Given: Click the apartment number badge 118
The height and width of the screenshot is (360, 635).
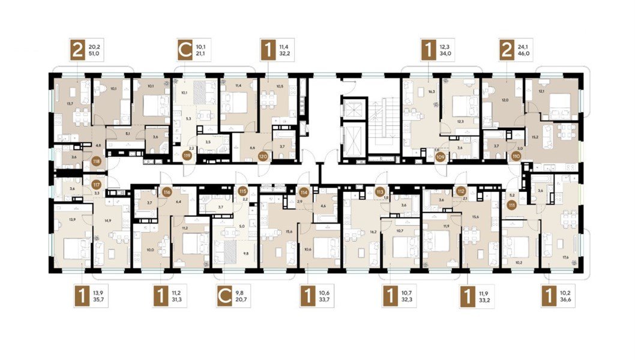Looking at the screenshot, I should (x=96, y=160).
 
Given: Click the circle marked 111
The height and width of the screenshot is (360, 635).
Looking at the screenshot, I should (x=512, y=205).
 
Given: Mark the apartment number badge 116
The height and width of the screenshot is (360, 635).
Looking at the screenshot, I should (x=167, y=192).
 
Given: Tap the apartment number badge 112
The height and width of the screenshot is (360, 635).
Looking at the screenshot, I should (x=461, y=192).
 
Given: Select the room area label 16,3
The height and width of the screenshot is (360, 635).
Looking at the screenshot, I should (x=430, y=92).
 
